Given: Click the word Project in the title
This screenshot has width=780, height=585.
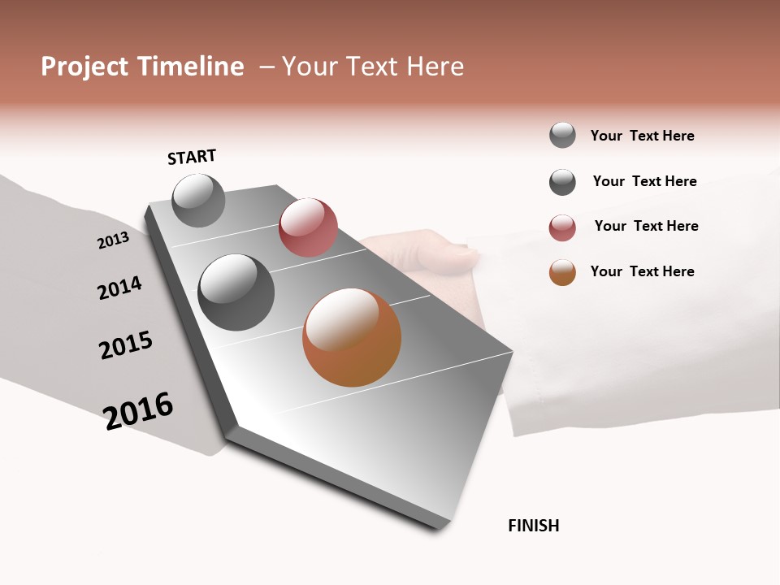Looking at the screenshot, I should click(x=84, y=67).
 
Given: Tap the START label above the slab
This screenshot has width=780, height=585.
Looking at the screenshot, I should click(x=192, y=157).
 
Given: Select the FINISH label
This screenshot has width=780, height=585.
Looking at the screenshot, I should click(x=533, y=526).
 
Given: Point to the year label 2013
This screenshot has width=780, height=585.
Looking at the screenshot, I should click(x=113, y=240).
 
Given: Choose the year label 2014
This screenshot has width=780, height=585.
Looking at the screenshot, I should click(x=119, y=288).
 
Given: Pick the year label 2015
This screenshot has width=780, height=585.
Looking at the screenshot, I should click(x=126, y=345).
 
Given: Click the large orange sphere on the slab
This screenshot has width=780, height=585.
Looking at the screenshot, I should click(x=352, y=337).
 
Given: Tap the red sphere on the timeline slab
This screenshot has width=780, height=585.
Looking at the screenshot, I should click(x=308, y=227).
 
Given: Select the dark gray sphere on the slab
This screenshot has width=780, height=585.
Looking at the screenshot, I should click(x=236, y=292).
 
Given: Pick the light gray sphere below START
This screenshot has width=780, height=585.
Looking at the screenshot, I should click(x=198, y=200).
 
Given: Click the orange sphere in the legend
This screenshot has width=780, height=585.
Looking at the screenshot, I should click(x=562, y=272).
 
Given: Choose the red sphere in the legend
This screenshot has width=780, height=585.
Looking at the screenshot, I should click(x=562, y=227).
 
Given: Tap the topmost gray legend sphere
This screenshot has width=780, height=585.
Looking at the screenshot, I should click(x=562, y=135).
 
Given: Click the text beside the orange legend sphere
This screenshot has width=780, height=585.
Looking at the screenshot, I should click(x=642, y=271).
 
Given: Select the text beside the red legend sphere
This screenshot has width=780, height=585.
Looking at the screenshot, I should click(x=646, y=226).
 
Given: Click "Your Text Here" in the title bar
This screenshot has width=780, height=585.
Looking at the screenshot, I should click(x=373, y=67).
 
